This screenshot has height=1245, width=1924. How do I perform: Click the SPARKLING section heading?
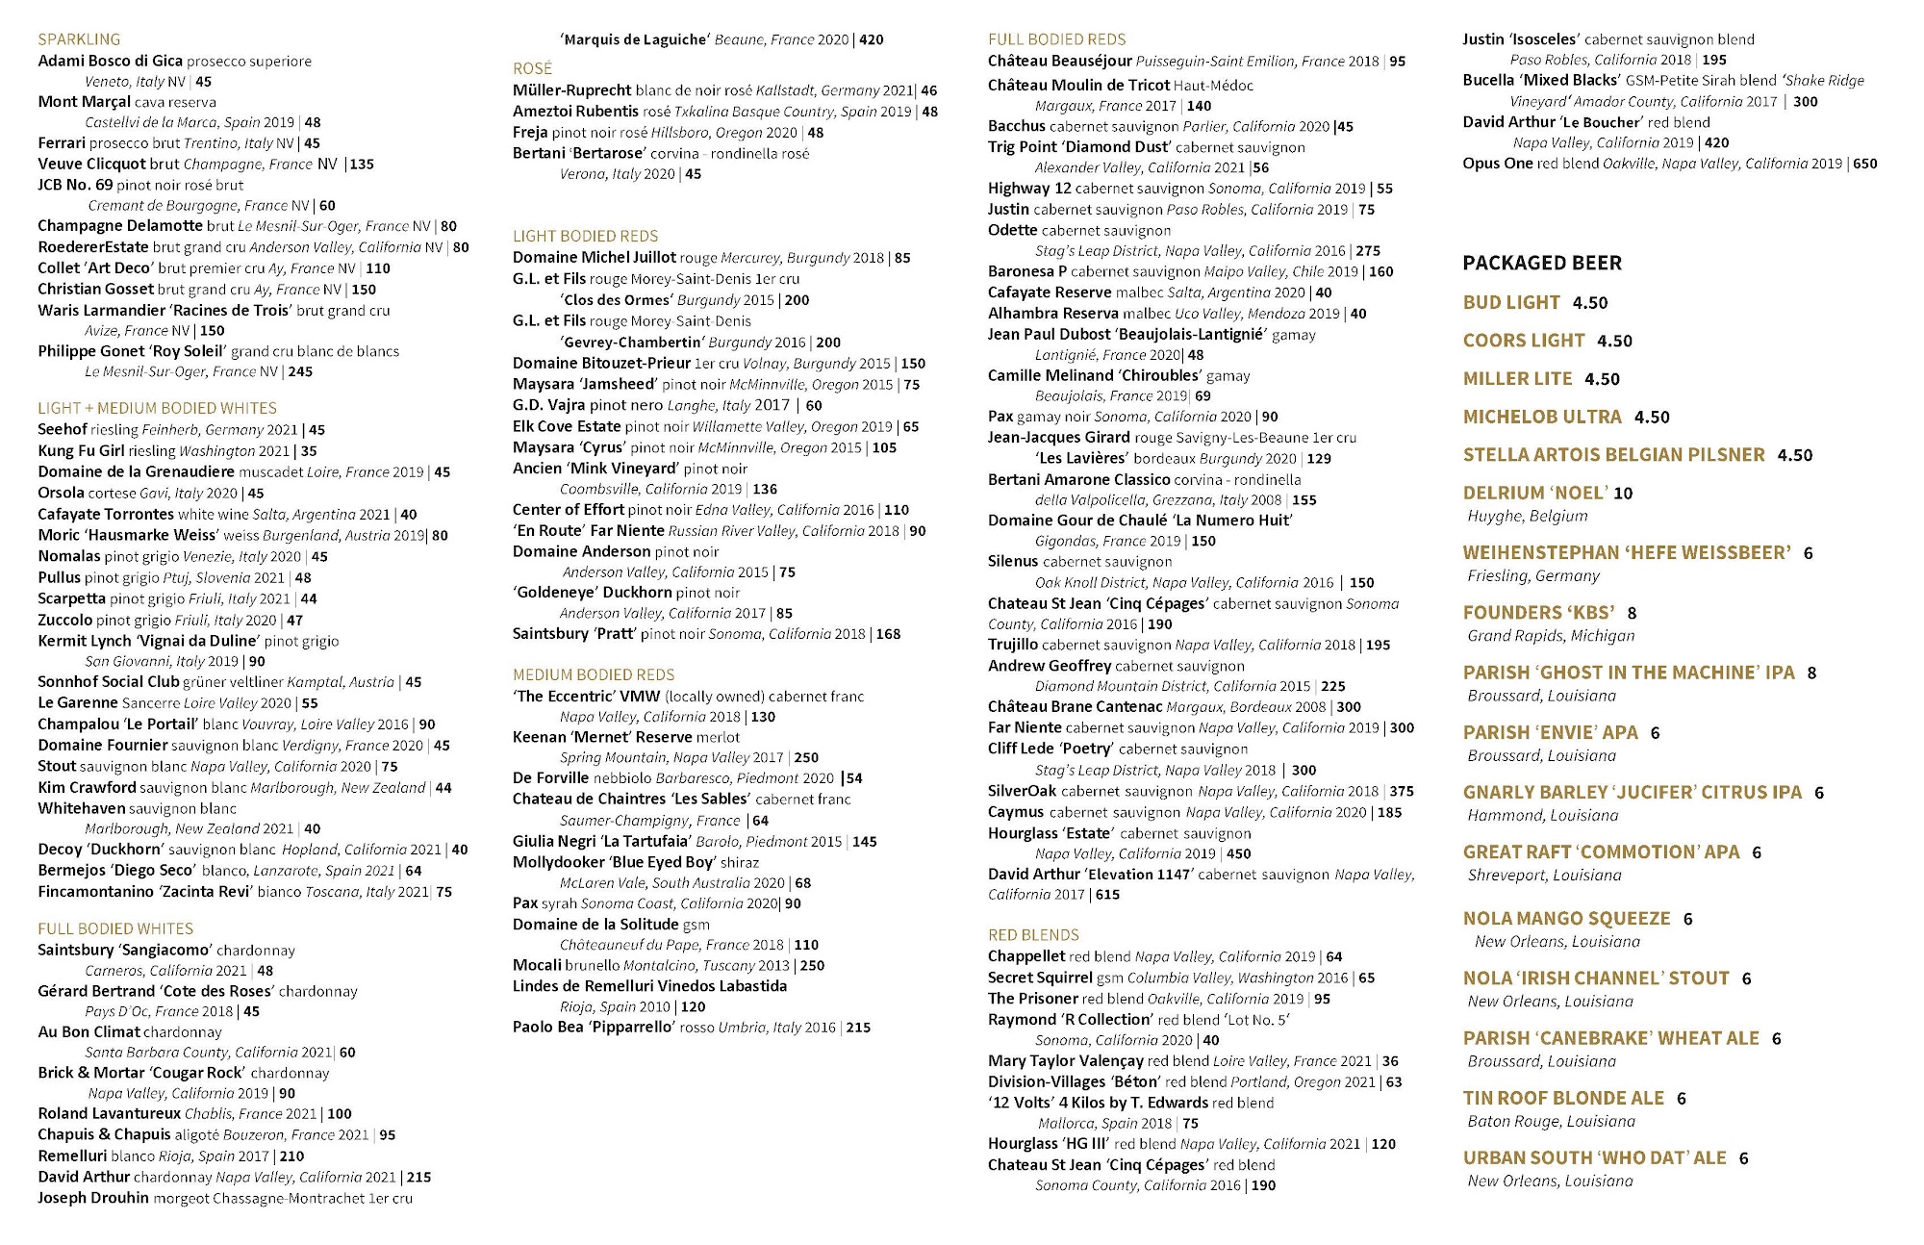(79, 39)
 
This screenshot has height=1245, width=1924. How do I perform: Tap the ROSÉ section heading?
(532, 68)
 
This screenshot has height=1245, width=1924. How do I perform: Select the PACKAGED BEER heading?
(1541, 263)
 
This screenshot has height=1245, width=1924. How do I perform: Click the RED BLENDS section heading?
(1032, 934)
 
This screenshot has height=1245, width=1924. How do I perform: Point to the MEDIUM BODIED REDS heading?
(593, 674)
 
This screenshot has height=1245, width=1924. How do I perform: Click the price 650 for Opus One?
(1864, 164)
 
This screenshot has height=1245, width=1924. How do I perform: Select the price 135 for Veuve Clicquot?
(362, 165)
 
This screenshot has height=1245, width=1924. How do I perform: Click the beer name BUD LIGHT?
(1510, 302)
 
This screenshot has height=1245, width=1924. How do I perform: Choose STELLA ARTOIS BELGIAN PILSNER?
(1613, 454)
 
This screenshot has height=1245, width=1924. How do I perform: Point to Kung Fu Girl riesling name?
(81, 450)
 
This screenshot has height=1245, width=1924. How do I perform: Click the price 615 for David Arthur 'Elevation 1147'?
(1107, 895)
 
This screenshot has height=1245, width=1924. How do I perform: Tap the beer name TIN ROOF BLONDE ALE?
(1562, 1098)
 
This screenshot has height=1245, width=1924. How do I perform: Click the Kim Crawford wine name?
(87, 787)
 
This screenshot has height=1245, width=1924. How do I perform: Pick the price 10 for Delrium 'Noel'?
(1623, 494)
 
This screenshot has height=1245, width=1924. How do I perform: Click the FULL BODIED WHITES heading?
(115, 928)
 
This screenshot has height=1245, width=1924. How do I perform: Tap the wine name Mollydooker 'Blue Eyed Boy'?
(613, 862)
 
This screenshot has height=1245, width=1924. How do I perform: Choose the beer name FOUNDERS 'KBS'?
(1538, 612)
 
